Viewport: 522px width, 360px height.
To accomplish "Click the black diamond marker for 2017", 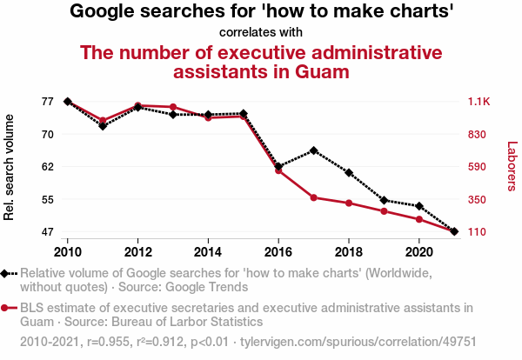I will [x=313, y=150].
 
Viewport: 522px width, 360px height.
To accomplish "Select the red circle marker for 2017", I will [x=313, y=197].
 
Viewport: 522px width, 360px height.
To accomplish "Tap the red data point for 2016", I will [x=278, y=170].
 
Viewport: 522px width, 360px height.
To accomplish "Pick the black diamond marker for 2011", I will [x=103, y=126].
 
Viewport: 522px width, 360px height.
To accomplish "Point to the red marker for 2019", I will [x=384, y=211].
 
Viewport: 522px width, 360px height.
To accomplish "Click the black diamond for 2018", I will [x=349, y=173].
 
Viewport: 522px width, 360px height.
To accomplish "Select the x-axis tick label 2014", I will [x=208, y=251].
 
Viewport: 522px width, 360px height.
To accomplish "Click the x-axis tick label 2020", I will [x=418, y=251].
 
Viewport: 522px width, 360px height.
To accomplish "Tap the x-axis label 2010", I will [x=68, y=251].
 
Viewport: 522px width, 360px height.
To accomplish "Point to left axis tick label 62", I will [x=47, y=166].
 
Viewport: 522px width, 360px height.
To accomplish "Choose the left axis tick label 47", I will [x=47, y=232].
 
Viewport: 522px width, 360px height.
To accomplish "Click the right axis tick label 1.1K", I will [x=479, y=102].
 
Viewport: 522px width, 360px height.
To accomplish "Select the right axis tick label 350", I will [x=477, y=200].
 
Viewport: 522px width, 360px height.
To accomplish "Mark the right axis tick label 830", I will [x=477, y=135].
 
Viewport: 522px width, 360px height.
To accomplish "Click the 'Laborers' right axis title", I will [x=512, y=167].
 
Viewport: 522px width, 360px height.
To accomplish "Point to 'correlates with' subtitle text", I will [x=261, y=33].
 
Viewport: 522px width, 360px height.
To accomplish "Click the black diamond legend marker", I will [x=5, y=273].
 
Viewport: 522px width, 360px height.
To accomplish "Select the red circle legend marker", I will [x=5, y=308].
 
